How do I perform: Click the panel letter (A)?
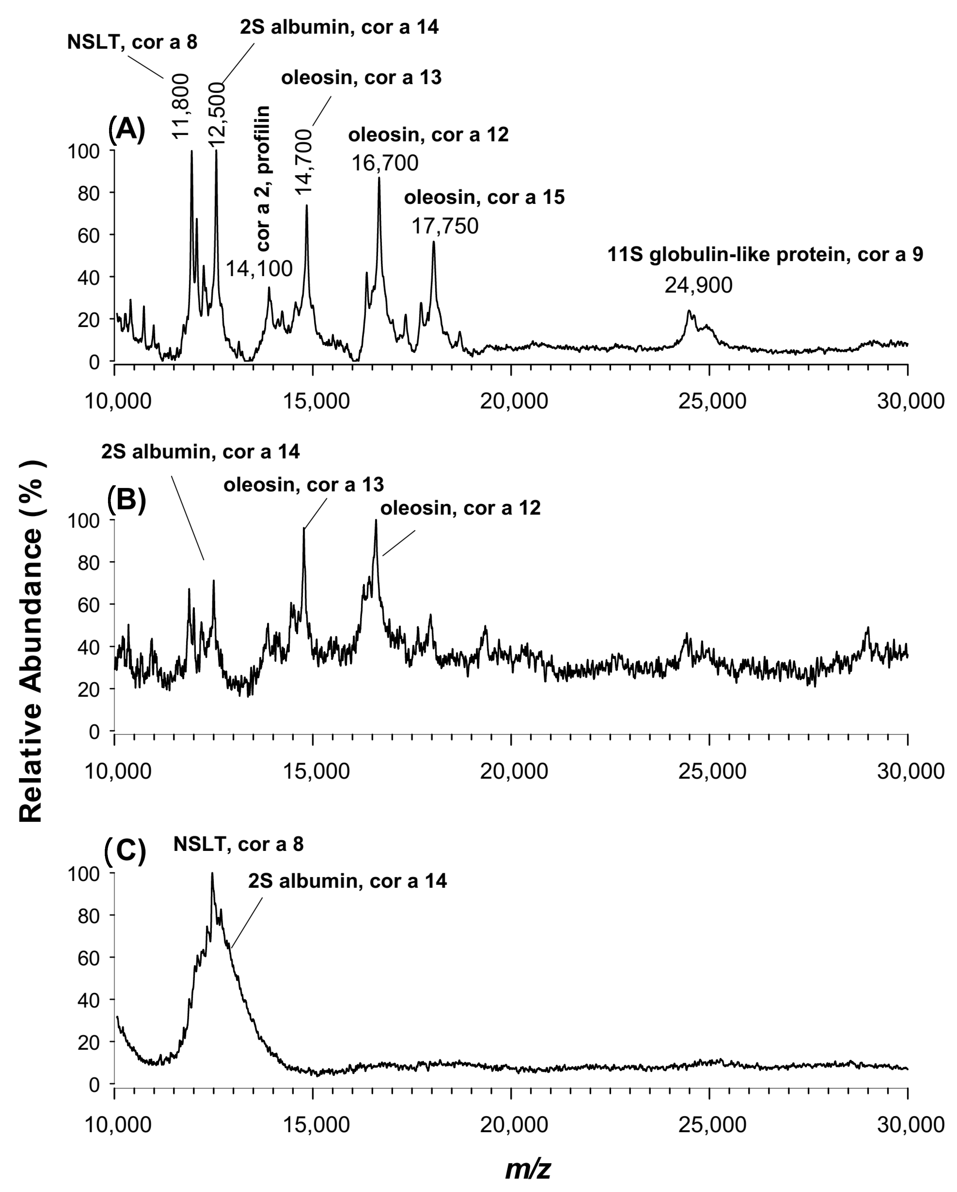click(x=126, y=131)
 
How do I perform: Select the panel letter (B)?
click(x=126, y=501)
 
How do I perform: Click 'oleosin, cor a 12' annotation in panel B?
click(x=460, y=508)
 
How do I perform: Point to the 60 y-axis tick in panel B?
click(x=88, y=604)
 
